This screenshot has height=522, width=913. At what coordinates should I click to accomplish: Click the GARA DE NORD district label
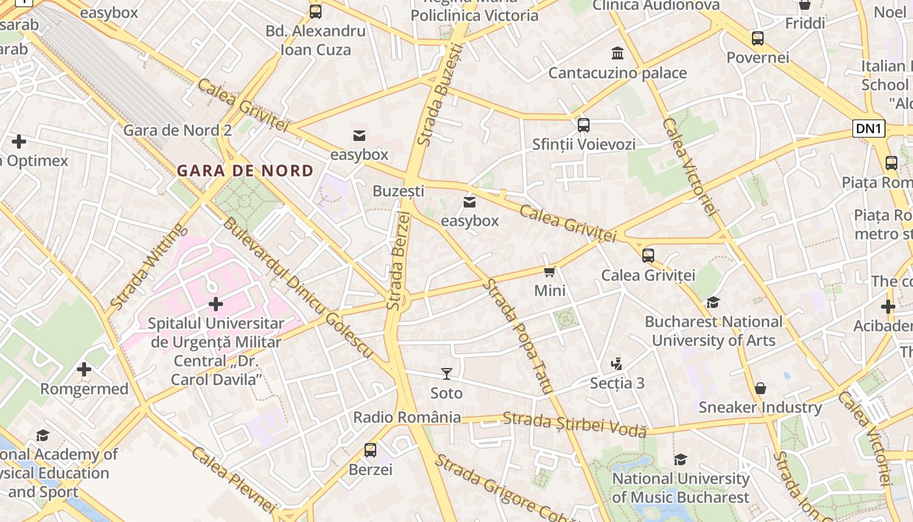(245, 171)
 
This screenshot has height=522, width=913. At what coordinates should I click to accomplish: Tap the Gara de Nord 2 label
(177, 130)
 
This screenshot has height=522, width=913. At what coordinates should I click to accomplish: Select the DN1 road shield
(869, 129)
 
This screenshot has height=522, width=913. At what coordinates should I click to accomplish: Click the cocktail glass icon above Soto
(447, 374)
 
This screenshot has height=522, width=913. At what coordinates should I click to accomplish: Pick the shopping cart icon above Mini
(550, 271)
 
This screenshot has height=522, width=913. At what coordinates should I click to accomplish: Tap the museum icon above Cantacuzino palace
(617, 53)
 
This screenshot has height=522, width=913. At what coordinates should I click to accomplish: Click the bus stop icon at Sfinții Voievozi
(584, 125)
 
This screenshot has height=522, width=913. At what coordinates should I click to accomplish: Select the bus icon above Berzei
(370, 450)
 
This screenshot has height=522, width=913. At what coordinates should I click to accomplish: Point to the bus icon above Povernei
(758, 38)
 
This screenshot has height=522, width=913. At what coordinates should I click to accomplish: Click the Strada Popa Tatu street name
(519, 336)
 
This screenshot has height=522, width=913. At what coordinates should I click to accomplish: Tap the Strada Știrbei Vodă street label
(575, 424)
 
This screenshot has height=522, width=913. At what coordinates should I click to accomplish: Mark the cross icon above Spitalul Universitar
(216, 304)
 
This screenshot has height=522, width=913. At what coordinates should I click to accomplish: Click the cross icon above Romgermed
(84, 369)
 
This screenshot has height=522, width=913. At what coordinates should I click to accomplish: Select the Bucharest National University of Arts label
(713, 331)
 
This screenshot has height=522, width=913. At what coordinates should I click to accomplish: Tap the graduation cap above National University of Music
(681, 459)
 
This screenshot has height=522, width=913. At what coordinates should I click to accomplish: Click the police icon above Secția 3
(617, 363)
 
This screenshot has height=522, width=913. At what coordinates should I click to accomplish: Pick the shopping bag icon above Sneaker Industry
(760, 388)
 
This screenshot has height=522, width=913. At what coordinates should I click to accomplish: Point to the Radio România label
(407, 417)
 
